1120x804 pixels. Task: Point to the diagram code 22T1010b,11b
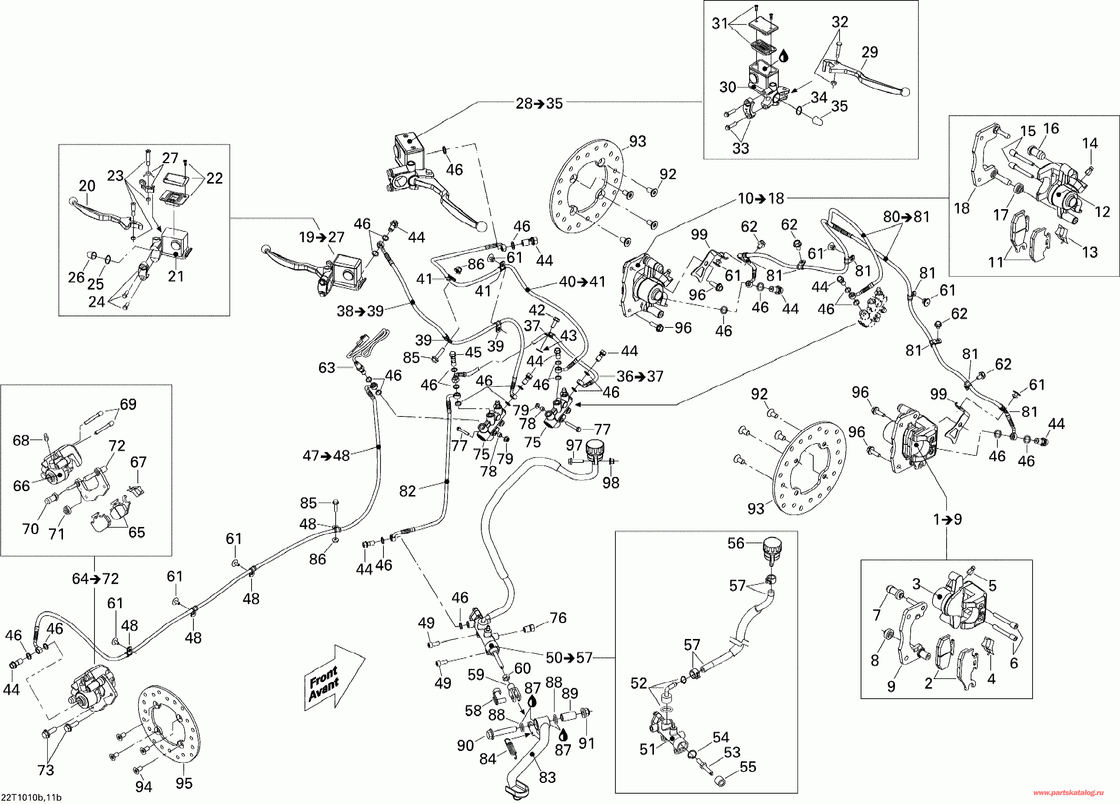(31, 797)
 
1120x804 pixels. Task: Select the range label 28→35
(539, 104)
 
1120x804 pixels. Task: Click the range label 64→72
(95, 579)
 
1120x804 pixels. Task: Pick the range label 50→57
(569, 658)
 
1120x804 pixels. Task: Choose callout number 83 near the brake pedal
(547, 777)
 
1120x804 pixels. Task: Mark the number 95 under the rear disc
(184, 783)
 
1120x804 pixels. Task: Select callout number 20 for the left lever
(87, 186)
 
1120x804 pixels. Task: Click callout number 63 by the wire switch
(326, 368)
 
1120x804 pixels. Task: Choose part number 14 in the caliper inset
(1090, 143)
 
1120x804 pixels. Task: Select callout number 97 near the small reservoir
(574, 445)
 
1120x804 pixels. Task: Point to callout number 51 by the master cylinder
(647, 749)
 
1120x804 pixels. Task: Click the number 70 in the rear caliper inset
(31, 529)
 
